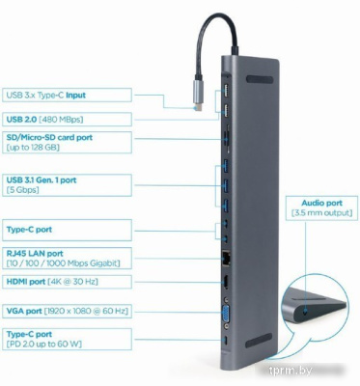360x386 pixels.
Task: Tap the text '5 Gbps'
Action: point(24,189)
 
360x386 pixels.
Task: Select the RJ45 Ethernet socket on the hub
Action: point(224,258)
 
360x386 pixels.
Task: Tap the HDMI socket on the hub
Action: point(224,285)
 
